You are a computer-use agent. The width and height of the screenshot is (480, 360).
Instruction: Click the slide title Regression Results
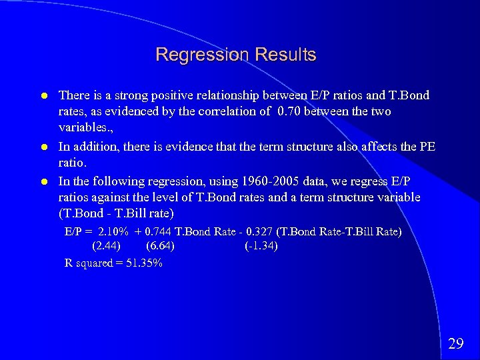(235, 54)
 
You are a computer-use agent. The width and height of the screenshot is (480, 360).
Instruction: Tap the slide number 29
(456, 343)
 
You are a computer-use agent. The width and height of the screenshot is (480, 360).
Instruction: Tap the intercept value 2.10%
(112, 231)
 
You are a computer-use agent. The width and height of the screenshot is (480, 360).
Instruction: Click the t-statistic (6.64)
(161, 246)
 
